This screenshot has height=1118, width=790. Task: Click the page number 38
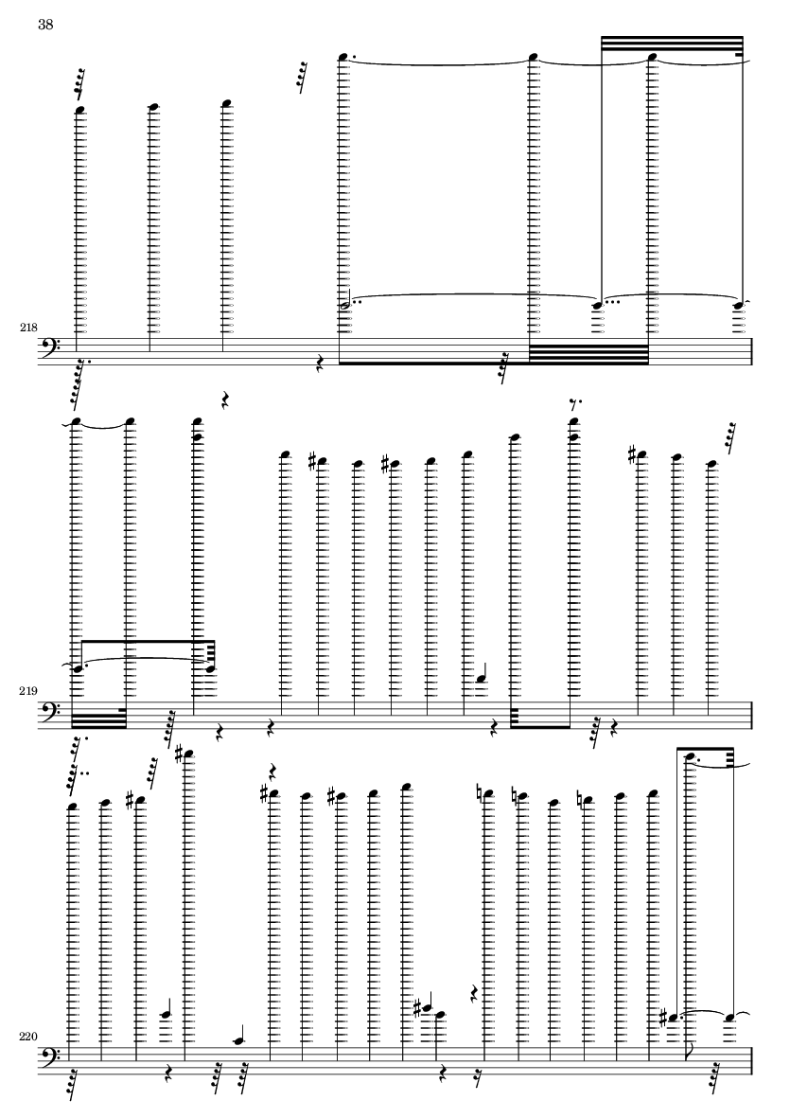[x=45, y=25]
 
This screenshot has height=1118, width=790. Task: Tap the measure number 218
[x=27, y=327]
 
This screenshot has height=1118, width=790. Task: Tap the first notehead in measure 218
[x=81, y=110]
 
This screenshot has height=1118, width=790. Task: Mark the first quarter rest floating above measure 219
[x=225, y=401]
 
